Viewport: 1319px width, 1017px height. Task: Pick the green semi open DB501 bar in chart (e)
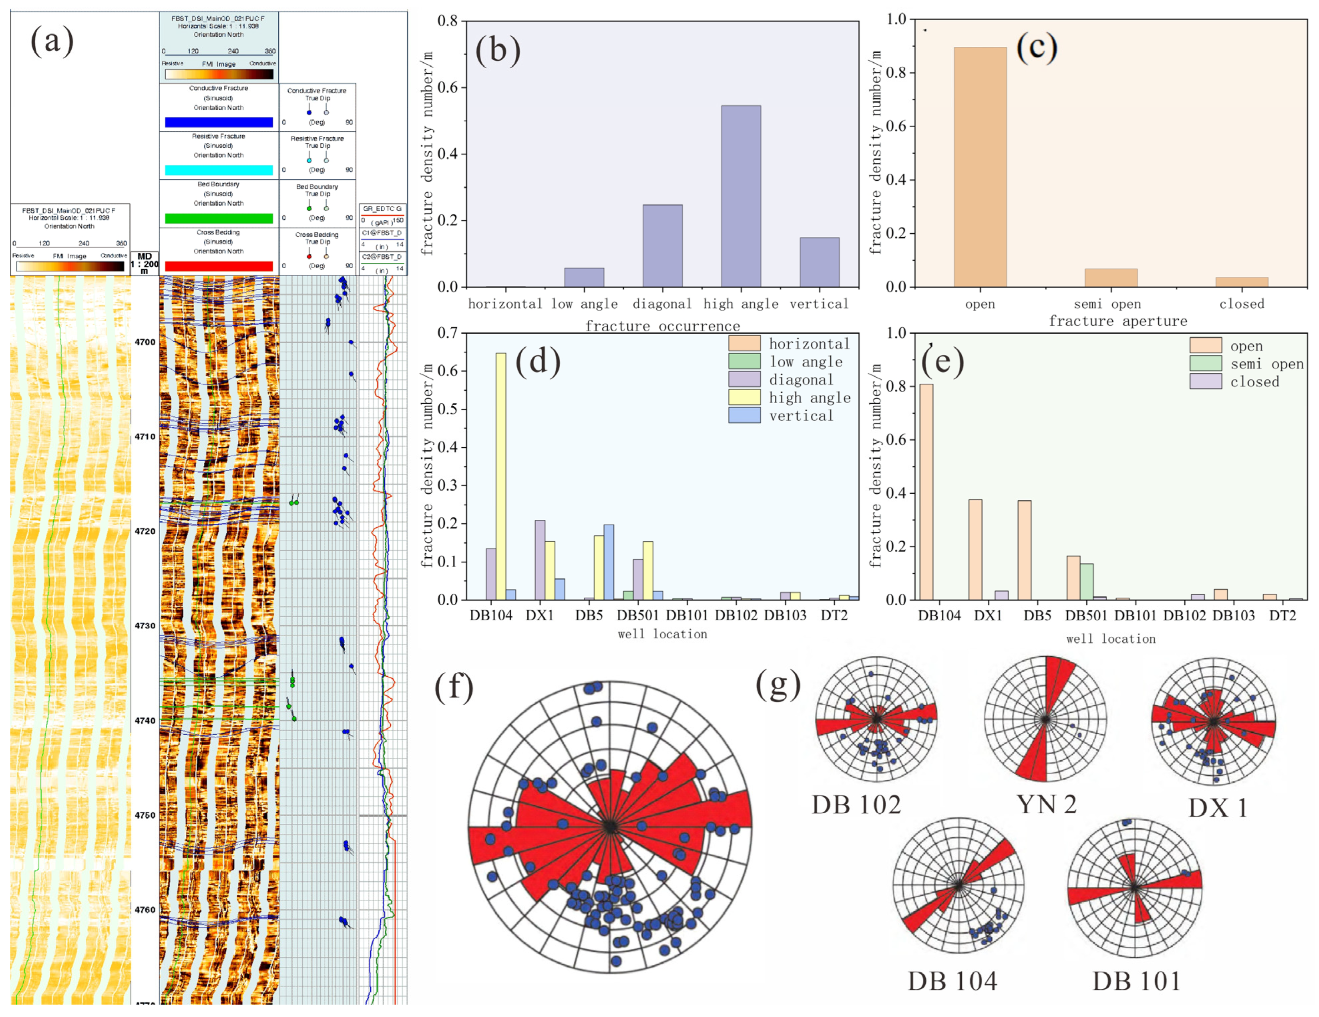(1086, 581)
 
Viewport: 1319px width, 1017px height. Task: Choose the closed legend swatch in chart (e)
(1205, 381)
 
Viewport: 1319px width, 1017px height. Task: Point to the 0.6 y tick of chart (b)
(447, 88)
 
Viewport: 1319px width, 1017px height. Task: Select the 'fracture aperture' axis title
(1117, 321)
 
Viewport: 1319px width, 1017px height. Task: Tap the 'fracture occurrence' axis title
(663, 326)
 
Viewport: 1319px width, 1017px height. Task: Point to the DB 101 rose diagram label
(1136, 981)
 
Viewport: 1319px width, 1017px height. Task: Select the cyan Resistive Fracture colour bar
(219, 170)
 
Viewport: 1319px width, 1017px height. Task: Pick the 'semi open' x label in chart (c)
(1107, 304)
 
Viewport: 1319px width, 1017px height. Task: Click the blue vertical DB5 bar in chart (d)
(609, 562)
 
